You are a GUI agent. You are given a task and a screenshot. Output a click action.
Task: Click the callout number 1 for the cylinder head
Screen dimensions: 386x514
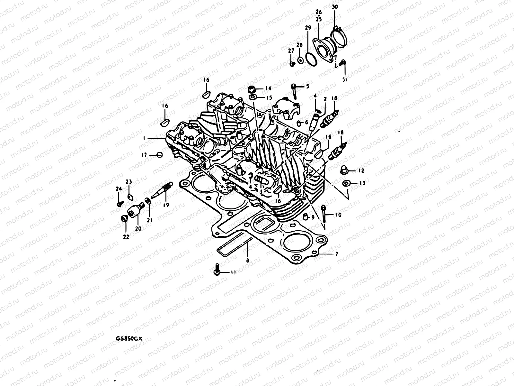[145, 138]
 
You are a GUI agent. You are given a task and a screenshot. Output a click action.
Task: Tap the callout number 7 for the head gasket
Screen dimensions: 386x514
[336, 254]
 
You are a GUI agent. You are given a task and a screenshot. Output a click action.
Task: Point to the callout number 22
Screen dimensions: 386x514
[126, 237]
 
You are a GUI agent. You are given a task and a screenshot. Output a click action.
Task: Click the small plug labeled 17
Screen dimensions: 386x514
[159, 155]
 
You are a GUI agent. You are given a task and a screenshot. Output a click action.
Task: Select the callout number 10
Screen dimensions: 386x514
[338, 215]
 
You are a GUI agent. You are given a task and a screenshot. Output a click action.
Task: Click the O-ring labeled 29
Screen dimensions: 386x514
[311, 58]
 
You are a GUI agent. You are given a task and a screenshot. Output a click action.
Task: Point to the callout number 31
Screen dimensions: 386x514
[345, 79]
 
